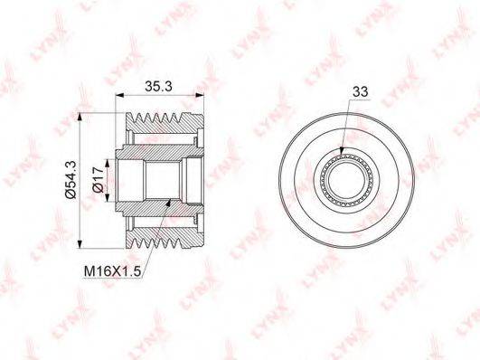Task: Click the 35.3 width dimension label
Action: (x=158, y=87)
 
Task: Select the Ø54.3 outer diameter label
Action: (x=71, y=181)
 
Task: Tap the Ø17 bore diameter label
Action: (x=99, y=179)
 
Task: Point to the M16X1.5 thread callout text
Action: (x=112, y=271)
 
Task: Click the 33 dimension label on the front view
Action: (x=361, y=91)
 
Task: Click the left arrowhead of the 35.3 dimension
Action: (x=119, y=96)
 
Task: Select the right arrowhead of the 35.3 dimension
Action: (x=200, y=96)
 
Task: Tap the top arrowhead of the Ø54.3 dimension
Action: (x=80, y=117)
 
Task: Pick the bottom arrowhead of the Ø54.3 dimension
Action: (x=80, y=244)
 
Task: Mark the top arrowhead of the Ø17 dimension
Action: (x=107, y=164)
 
